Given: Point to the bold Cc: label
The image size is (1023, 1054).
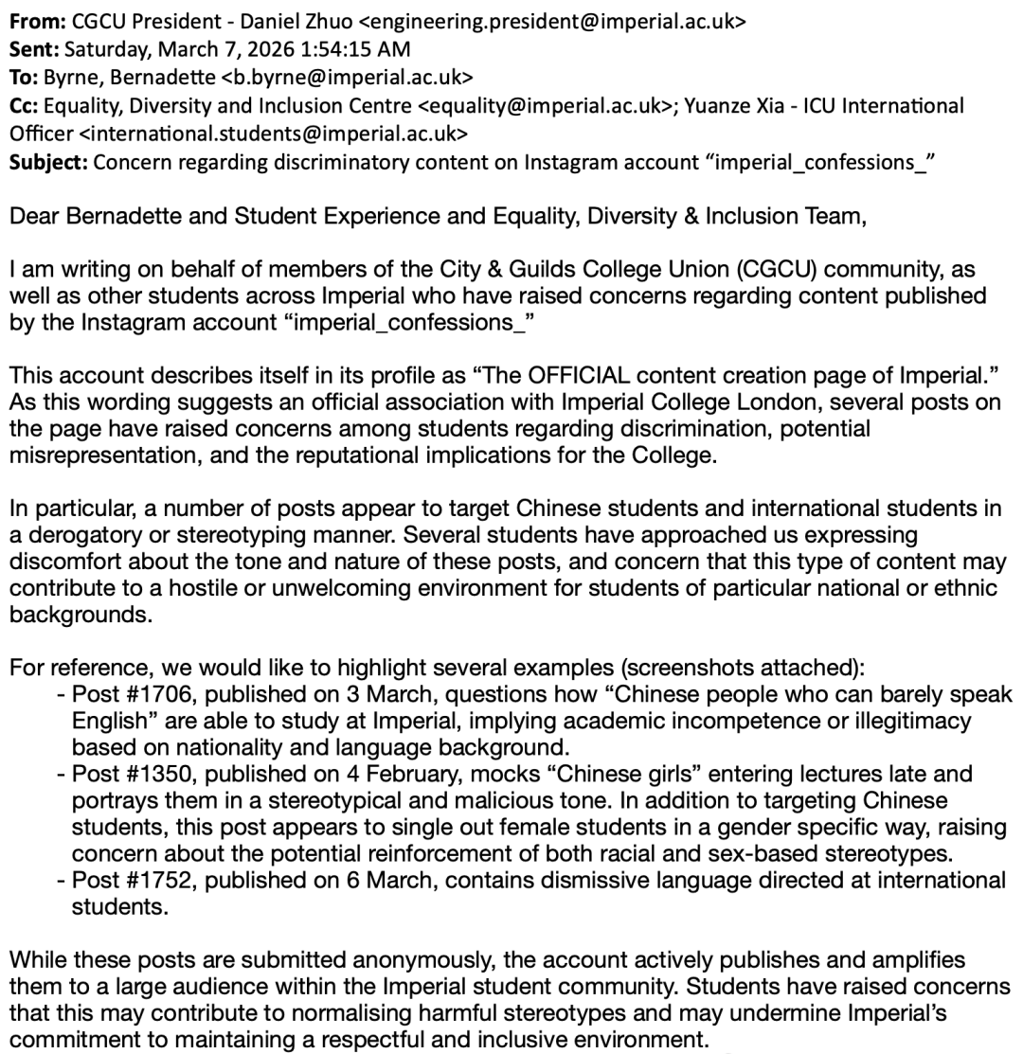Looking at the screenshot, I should [x=25, y=105].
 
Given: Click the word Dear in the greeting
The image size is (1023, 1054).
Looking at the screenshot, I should [x=33, y=216].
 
